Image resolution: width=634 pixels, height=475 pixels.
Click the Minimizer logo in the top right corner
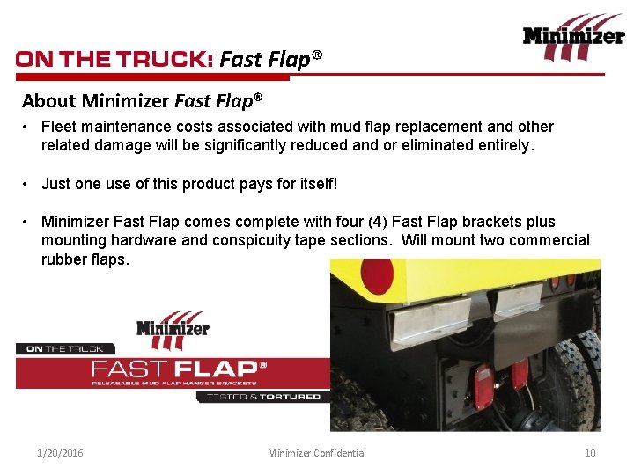point(573,37)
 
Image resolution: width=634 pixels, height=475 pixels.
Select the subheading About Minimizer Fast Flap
point(143,100)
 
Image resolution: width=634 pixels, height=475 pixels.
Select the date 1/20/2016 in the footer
point(60,453)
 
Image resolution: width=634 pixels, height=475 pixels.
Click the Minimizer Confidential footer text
point(317,453)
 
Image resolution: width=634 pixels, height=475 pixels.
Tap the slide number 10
point(590,453)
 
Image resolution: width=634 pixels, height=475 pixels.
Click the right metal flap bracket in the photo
point(516,303)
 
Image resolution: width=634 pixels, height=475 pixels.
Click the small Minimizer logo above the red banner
point(173,329)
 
